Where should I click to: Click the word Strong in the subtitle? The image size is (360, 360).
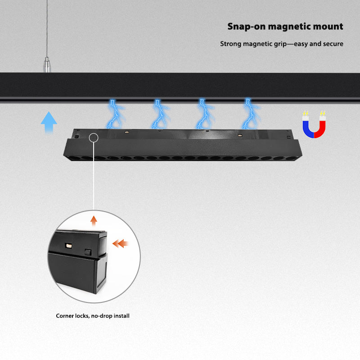[230, 44]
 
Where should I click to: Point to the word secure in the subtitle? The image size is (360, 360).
[333, 44]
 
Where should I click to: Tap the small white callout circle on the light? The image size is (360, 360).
[94, 137]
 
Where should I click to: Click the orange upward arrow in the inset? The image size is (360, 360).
[94, 220]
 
